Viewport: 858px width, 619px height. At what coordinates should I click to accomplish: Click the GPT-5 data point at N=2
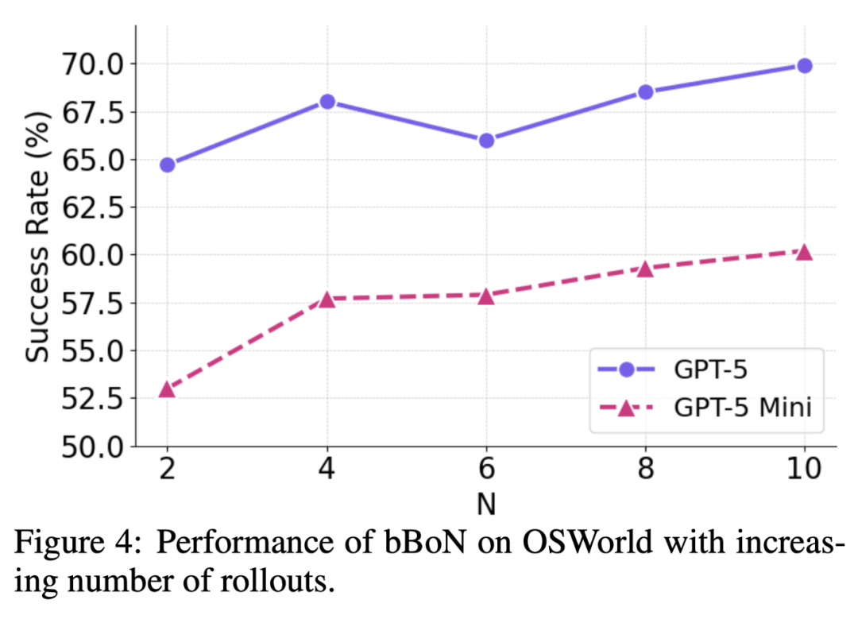(x=167, y=164)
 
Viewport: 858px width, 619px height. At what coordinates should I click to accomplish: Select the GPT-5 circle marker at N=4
(x=327, y=102)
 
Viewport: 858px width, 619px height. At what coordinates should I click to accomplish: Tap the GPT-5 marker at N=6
(x=486, y=140)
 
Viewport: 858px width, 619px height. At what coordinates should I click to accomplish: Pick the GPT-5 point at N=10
(x=804, y=65)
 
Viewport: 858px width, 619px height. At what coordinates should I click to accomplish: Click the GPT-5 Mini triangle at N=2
(x=167, y=389)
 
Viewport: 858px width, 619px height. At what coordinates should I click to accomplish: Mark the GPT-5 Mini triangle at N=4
(x=327, y=300)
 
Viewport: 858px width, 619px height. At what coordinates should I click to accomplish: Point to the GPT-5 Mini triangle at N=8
(x=645, y=269)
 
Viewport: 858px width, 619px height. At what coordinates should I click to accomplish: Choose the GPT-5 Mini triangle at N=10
(x=804, y=252)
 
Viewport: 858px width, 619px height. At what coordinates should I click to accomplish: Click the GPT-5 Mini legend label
(x=743, y=408)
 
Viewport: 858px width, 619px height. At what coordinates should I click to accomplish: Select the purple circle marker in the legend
(x=625, y=369)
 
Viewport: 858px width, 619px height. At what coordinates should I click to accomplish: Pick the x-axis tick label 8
(x=645, y=470)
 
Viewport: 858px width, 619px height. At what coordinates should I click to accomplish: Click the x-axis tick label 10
(x=804, y=470)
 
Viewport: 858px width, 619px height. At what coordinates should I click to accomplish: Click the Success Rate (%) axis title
(x=38, y=237)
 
